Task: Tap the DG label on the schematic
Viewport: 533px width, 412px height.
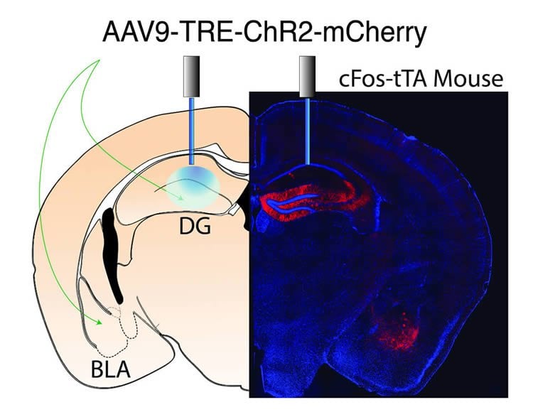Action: point(195,227)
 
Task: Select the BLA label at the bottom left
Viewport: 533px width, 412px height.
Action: point(111,369)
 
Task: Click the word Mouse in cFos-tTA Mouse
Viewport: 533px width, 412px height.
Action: point(468,79)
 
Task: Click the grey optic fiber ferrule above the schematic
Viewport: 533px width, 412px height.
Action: point(191,77)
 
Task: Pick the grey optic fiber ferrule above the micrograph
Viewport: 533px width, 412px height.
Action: point(307,77)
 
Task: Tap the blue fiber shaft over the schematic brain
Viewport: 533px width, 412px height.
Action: point(191,131)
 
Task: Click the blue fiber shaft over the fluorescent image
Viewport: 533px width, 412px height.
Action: point(307,131)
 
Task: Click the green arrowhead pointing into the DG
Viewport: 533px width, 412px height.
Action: point(180,197)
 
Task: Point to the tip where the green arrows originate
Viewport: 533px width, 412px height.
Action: point(99,60)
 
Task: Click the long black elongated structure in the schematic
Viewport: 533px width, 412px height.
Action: point(112,256)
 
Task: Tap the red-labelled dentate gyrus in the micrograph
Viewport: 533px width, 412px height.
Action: point(314,201)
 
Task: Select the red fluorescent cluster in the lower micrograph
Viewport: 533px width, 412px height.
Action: point(398,330)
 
